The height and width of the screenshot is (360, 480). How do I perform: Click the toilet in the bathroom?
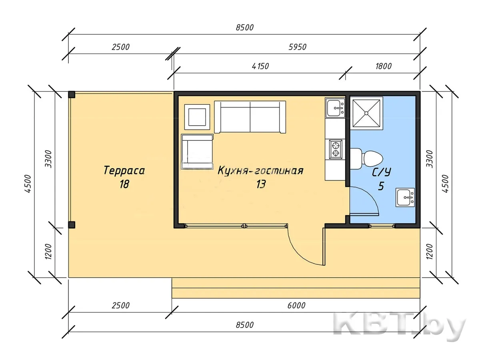coord(366,158)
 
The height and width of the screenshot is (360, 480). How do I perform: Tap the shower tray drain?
coord(366,113)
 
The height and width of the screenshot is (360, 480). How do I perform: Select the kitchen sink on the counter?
coord(335,108)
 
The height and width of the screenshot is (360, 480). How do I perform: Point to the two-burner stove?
coord(336,149)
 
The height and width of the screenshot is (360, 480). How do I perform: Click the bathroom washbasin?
coord(405,197)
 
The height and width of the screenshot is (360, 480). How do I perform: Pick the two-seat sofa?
coord(250,117)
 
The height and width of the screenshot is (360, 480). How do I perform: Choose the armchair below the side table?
coord(197,152)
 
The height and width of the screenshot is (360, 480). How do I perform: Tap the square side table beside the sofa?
coord(197,117)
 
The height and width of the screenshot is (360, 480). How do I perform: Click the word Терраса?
coord(124,170)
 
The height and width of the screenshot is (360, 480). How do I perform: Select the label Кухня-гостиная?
coord(260,170)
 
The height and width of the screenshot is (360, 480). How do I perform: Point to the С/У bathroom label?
coord(382,172)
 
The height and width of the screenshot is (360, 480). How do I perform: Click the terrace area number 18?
coord(124,184)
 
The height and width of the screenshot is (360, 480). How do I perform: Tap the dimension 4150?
coord(260,66)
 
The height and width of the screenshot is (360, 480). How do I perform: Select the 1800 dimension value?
coord(383,66)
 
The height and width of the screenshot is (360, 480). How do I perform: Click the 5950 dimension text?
coord(298,47)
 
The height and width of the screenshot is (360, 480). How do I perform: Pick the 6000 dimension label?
coord(296,305)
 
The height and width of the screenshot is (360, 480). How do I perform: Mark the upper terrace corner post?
coord(72,95)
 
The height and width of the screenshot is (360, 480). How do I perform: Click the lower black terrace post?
coord(72,225)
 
